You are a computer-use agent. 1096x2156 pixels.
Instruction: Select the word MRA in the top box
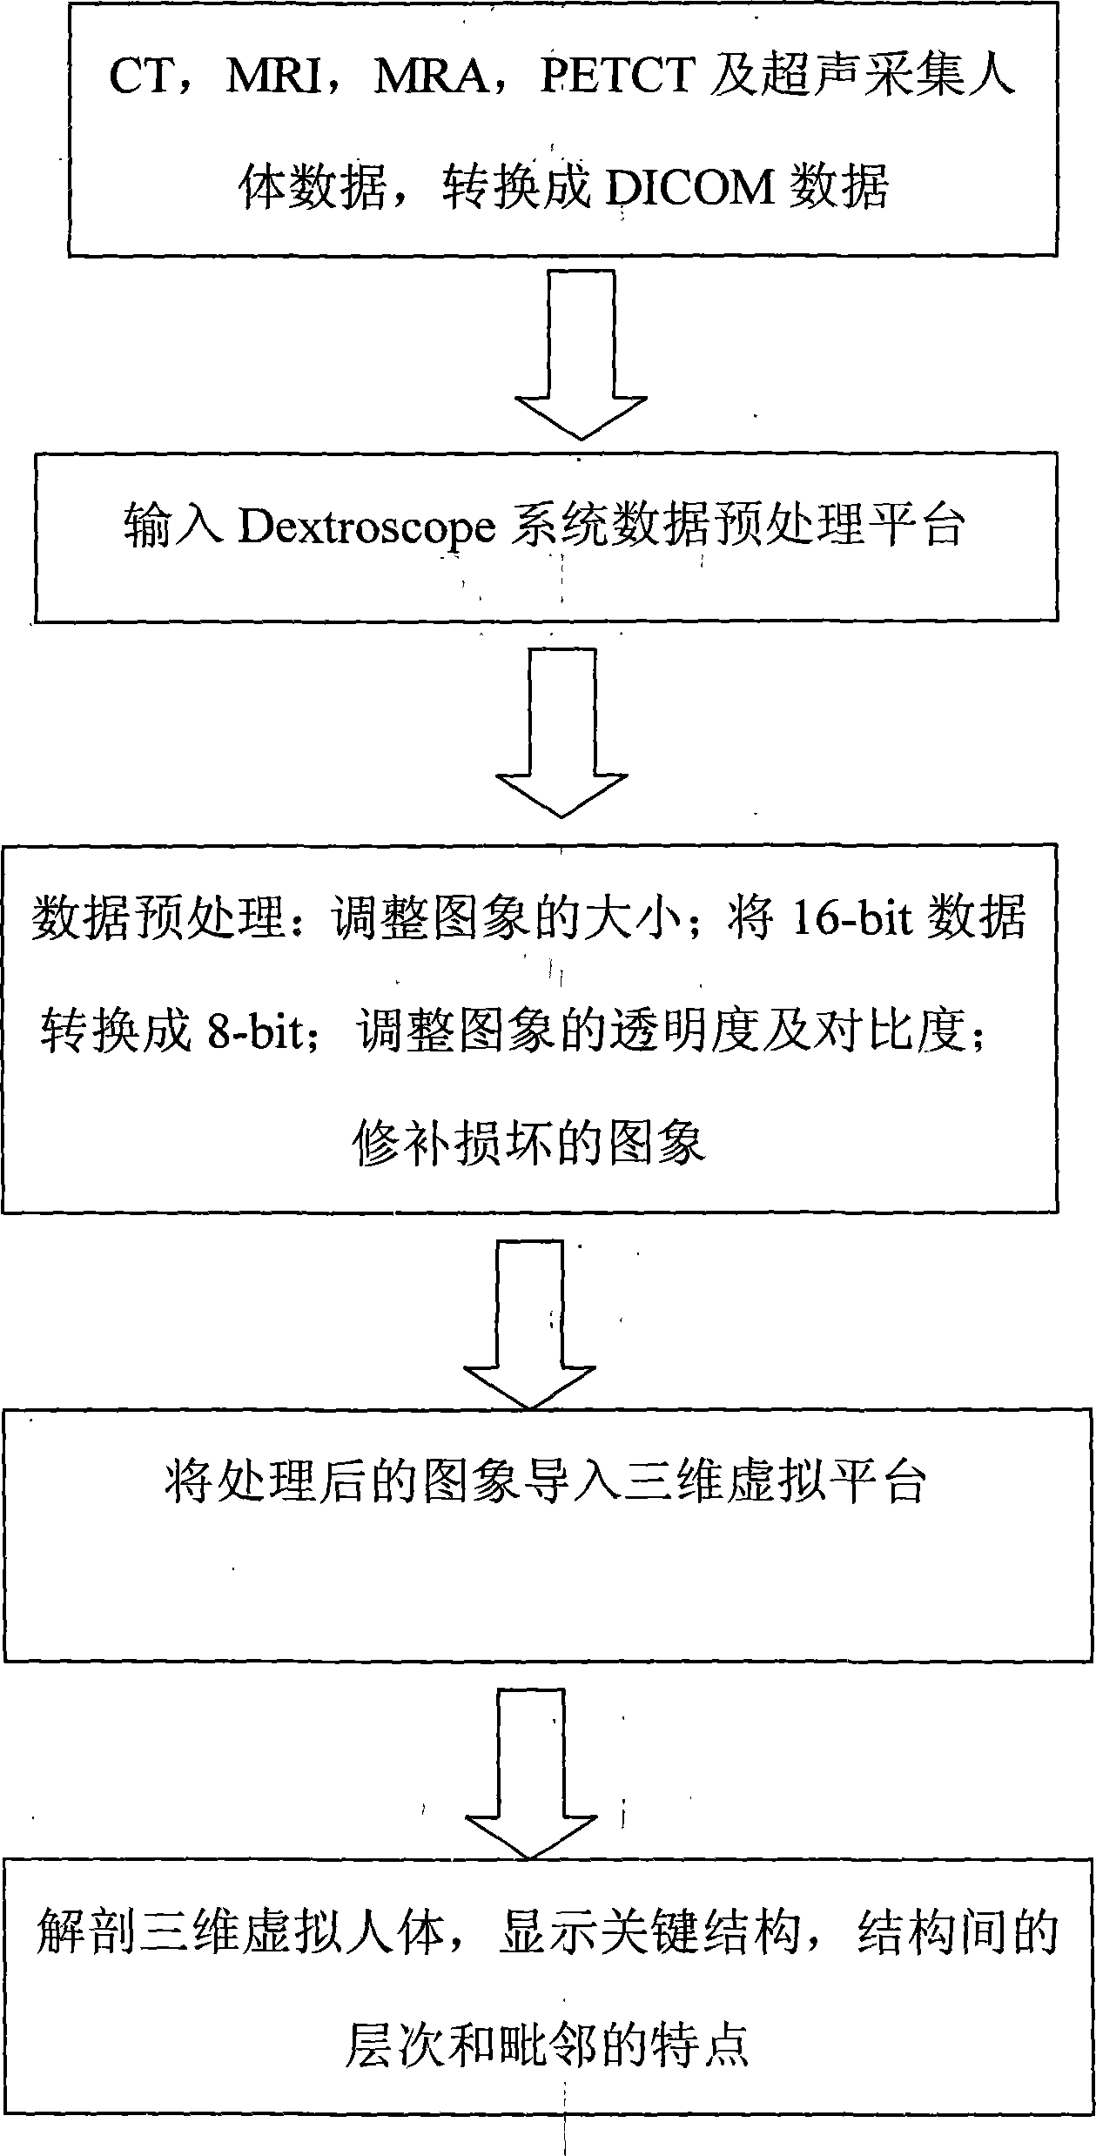(x=431, y=77)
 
